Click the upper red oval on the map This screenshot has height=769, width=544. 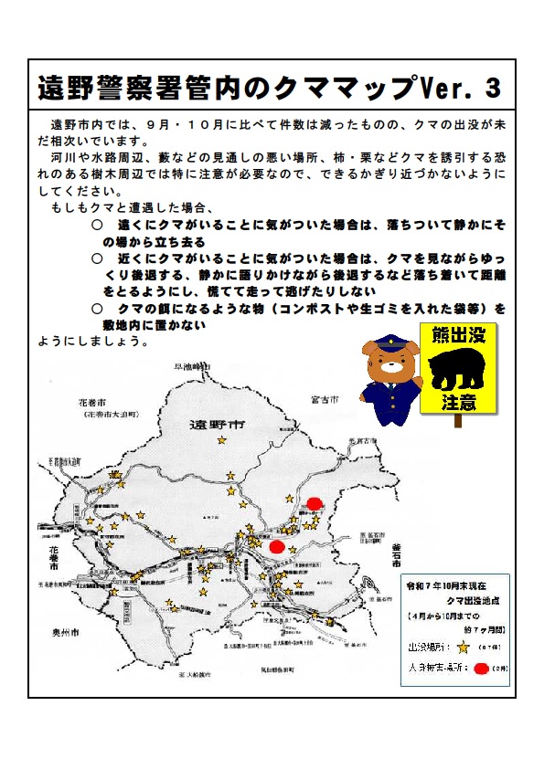(314, 503)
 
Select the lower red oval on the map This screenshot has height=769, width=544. (277, 546)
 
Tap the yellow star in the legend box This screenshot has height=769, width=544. (463, 648)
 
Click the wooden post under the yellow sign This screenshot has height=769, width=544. (458, 421)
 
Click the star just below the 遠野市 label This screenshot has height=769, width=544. (221, 440)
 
